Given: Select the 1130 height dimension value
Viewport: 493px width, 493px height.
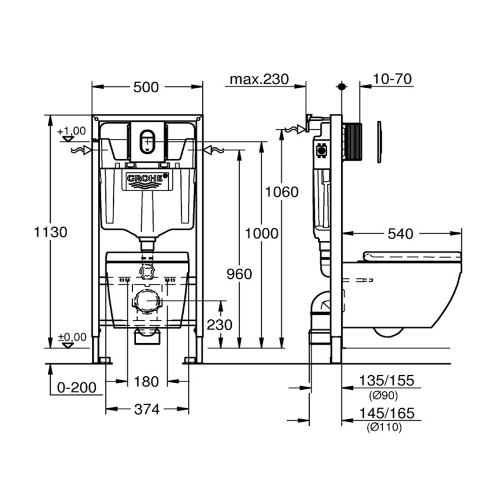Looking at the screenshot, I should tap(51, 232).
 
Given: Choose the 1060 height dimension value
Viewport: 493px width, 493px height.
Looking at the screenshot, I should tap(281, 192).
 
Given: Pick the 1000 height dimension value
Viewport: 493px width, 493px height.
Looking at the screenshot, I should tap(261, 233).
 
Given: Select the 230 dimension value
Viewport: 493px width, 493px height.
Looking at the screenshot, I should tap(219, 324).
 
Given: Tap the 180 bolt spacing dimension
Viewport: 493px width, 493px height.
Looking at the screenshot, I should tap(147, 382).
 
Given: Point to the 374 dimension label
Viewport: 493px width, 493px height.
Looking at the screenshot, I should tap(147, 409).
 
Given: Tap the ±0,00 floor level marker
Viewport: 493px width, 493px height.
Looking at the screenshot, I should tap(72, 338).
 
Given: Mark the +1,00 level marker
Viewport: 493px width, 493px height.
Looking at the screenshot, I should tap(72, 131).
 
